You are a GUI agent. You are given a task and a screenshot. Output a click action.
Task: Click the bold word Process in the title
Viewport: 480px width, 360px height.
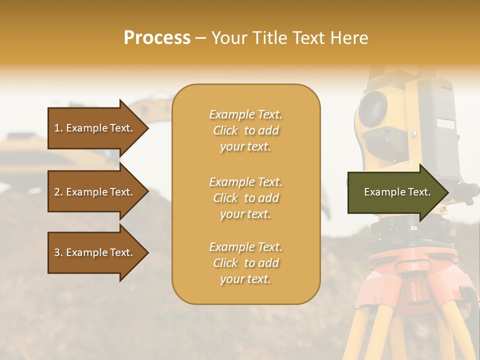click(157, 38)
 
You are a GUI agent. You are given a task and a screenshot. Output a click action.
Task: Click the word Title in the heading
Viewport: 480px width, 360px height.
click(268, 38)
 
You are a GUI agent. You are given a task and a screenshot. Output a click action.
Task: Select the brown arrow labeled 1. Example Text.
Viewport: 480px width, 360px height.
click(95, 128)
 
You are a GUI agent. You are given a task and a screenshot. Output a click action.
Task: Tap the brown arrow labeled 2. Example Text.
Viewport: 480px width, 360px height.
click(95, 192)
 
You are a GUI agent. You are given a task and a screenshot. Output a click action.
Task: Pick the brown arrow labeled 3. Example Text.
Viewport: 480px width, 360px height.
click(95, 252)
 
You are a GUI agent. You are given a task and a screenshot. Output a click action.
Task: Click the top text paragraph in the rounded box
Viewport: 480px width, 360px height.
click(245, 130)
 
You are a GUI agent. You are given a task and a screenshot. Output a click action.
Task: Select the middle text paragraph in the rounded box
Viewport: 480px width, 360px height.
click(245, 198)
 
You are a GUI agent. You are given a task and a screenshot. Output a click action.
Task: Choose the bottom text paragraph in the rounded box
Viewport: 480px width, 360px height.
click(245, 263)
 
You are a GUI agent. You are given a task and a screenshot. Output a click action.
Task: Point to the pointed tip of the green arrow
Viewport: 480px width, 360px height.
click(447, 192)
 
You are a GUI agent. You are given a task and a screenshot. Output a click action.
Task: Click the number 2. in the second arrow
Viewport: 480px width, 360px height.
click(58, 192)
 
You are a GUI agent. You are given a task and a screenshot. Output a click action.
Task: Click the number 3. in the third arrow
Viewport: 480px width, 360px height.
click(58, 252)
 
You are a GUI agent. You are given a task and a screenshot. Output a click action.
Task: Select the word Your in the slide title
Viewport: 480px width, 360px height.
click(228, 38)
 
